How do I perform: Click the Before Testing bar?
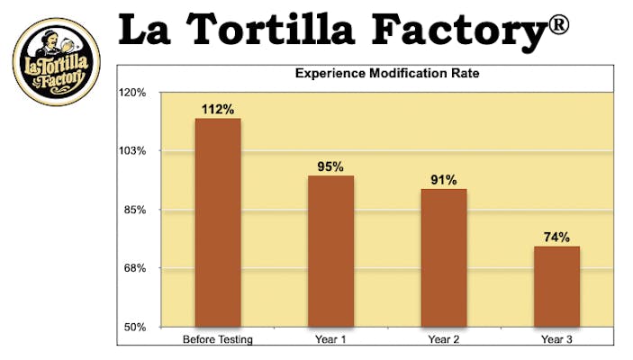click(218, 222)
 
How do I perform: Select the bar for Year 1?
click(330, 251)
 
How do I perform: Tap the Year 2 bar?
click(443, 257)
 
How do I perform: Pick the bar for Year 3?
click(556, 286)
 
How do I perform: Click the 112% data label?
click(218, 109)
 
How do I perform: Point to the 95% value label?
click(330, 166)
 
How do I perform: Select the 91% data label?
click(443, 180)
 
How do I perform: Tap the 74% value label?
click(556, 238)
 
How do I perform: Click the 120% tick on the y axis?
click(134, 93)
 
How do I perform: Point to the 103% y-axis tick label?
click(134, 151)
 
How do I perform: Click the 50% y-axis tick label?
click(136, 327)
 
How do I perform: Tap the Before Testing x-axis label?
click(218, 339)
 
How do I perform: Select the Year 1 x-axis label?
click(330, 339)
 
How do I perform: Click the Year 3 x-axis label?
click(556, 339)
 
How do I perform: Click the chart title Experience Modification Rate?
click(387, 75)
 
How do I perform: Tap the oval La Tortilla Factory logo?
click(56, 61)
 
